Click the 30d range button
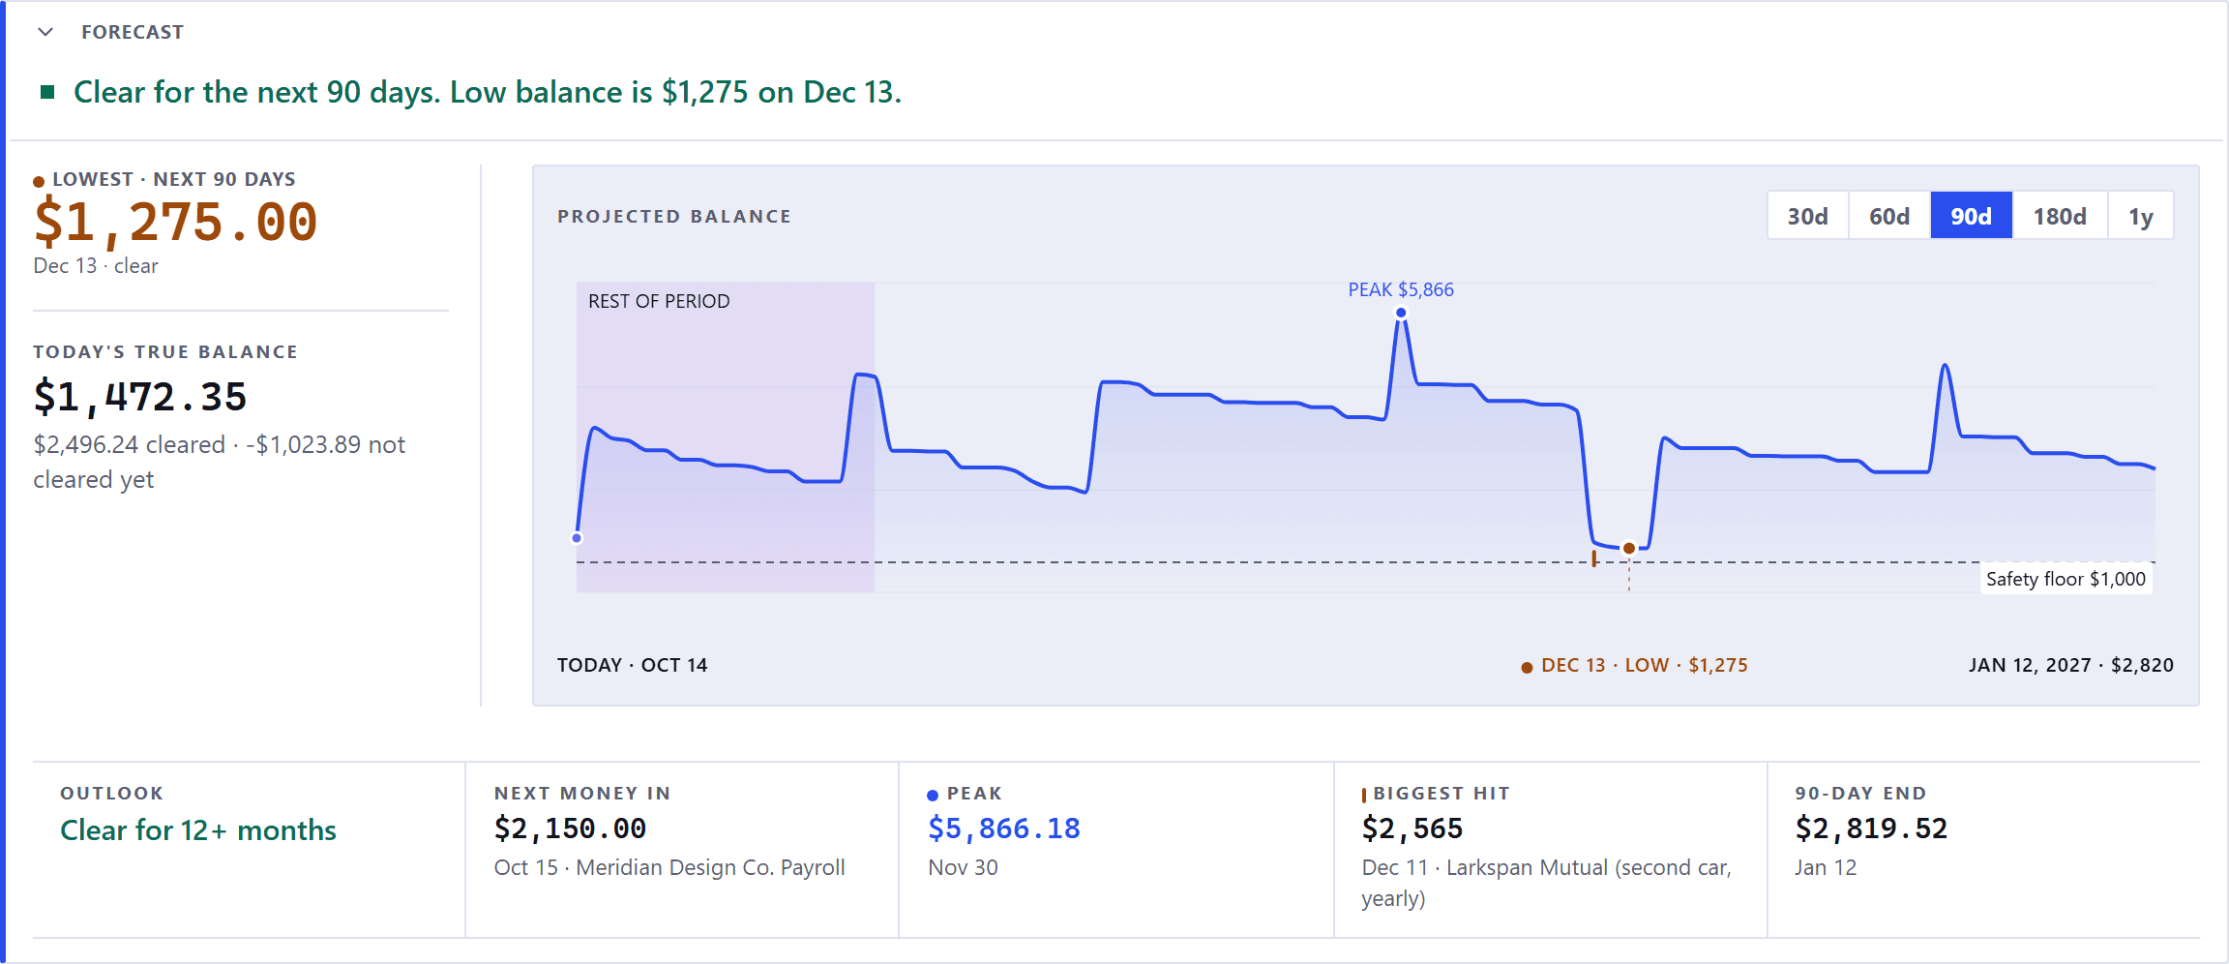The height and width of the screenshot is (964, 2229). tap(1807, 216)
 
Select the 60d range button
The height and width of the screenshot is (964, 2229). tap(1889, 216)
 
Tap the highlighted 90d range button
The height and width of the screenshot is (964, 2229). tap(1972, 216)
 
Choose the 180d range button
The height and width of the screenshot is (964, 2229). tap(2060, 216)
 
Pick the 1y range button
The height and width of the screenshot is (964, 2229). tap(2141, 216)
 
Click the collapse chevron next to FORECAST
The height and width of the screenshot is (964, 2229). tap(45, 32)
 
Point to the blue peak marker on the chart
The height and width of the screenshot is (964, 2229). tap(1401, 313)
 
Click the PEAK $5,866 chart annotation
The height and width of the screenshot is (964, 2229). tap(1401, 289)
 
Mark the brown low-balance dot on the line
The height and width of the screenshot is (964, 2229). tap(1629, 549)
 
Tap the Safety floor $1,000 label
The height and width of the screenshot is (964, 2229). tap(2066, 579)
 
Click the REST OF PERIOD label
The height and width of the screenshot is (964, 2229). tap(659, 301)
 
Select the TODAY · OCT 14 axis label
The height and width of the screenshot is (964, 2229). tap(632, 665)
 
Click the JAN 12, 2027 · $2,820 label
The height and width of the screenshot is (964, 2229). tap(2071, 665)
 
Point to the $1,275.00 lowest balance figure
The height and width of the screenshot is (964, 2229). tap(175, 222)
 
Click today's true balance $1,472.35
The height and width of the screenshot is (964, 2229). tap(140, 397)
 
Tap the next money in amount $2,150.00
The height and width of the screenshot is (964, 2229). tap(570, 828)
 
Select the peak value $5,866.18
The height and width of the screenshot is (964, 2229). tap(1004, 828)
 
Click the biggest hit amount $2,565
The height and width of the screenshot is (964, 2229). tap(1412, 828)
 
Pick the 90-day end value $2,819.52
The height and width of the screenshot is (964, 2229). tap(1871, 828)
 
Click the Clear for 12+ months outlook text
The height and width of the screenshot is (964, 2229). tap(198, 830)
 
